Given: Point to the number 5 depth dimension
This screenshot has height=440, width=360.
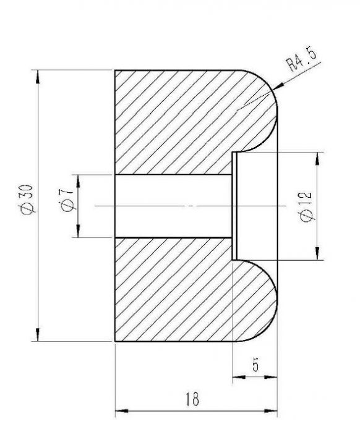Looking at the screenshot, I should [x=256, y=365].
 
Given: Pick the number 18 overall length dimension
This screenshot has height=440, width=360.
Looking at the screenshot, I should [x=192, y=400].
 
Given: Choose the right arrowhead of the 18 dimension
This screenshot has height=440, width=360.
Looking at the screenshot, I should [x=272, y=410].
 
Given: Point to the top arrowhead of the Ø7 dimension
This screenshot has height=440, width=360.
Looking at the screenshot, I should [x=77, y=180].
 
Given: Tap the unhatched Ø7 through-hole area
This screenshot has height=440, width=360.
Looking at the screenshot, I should [x=173, y=206].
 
